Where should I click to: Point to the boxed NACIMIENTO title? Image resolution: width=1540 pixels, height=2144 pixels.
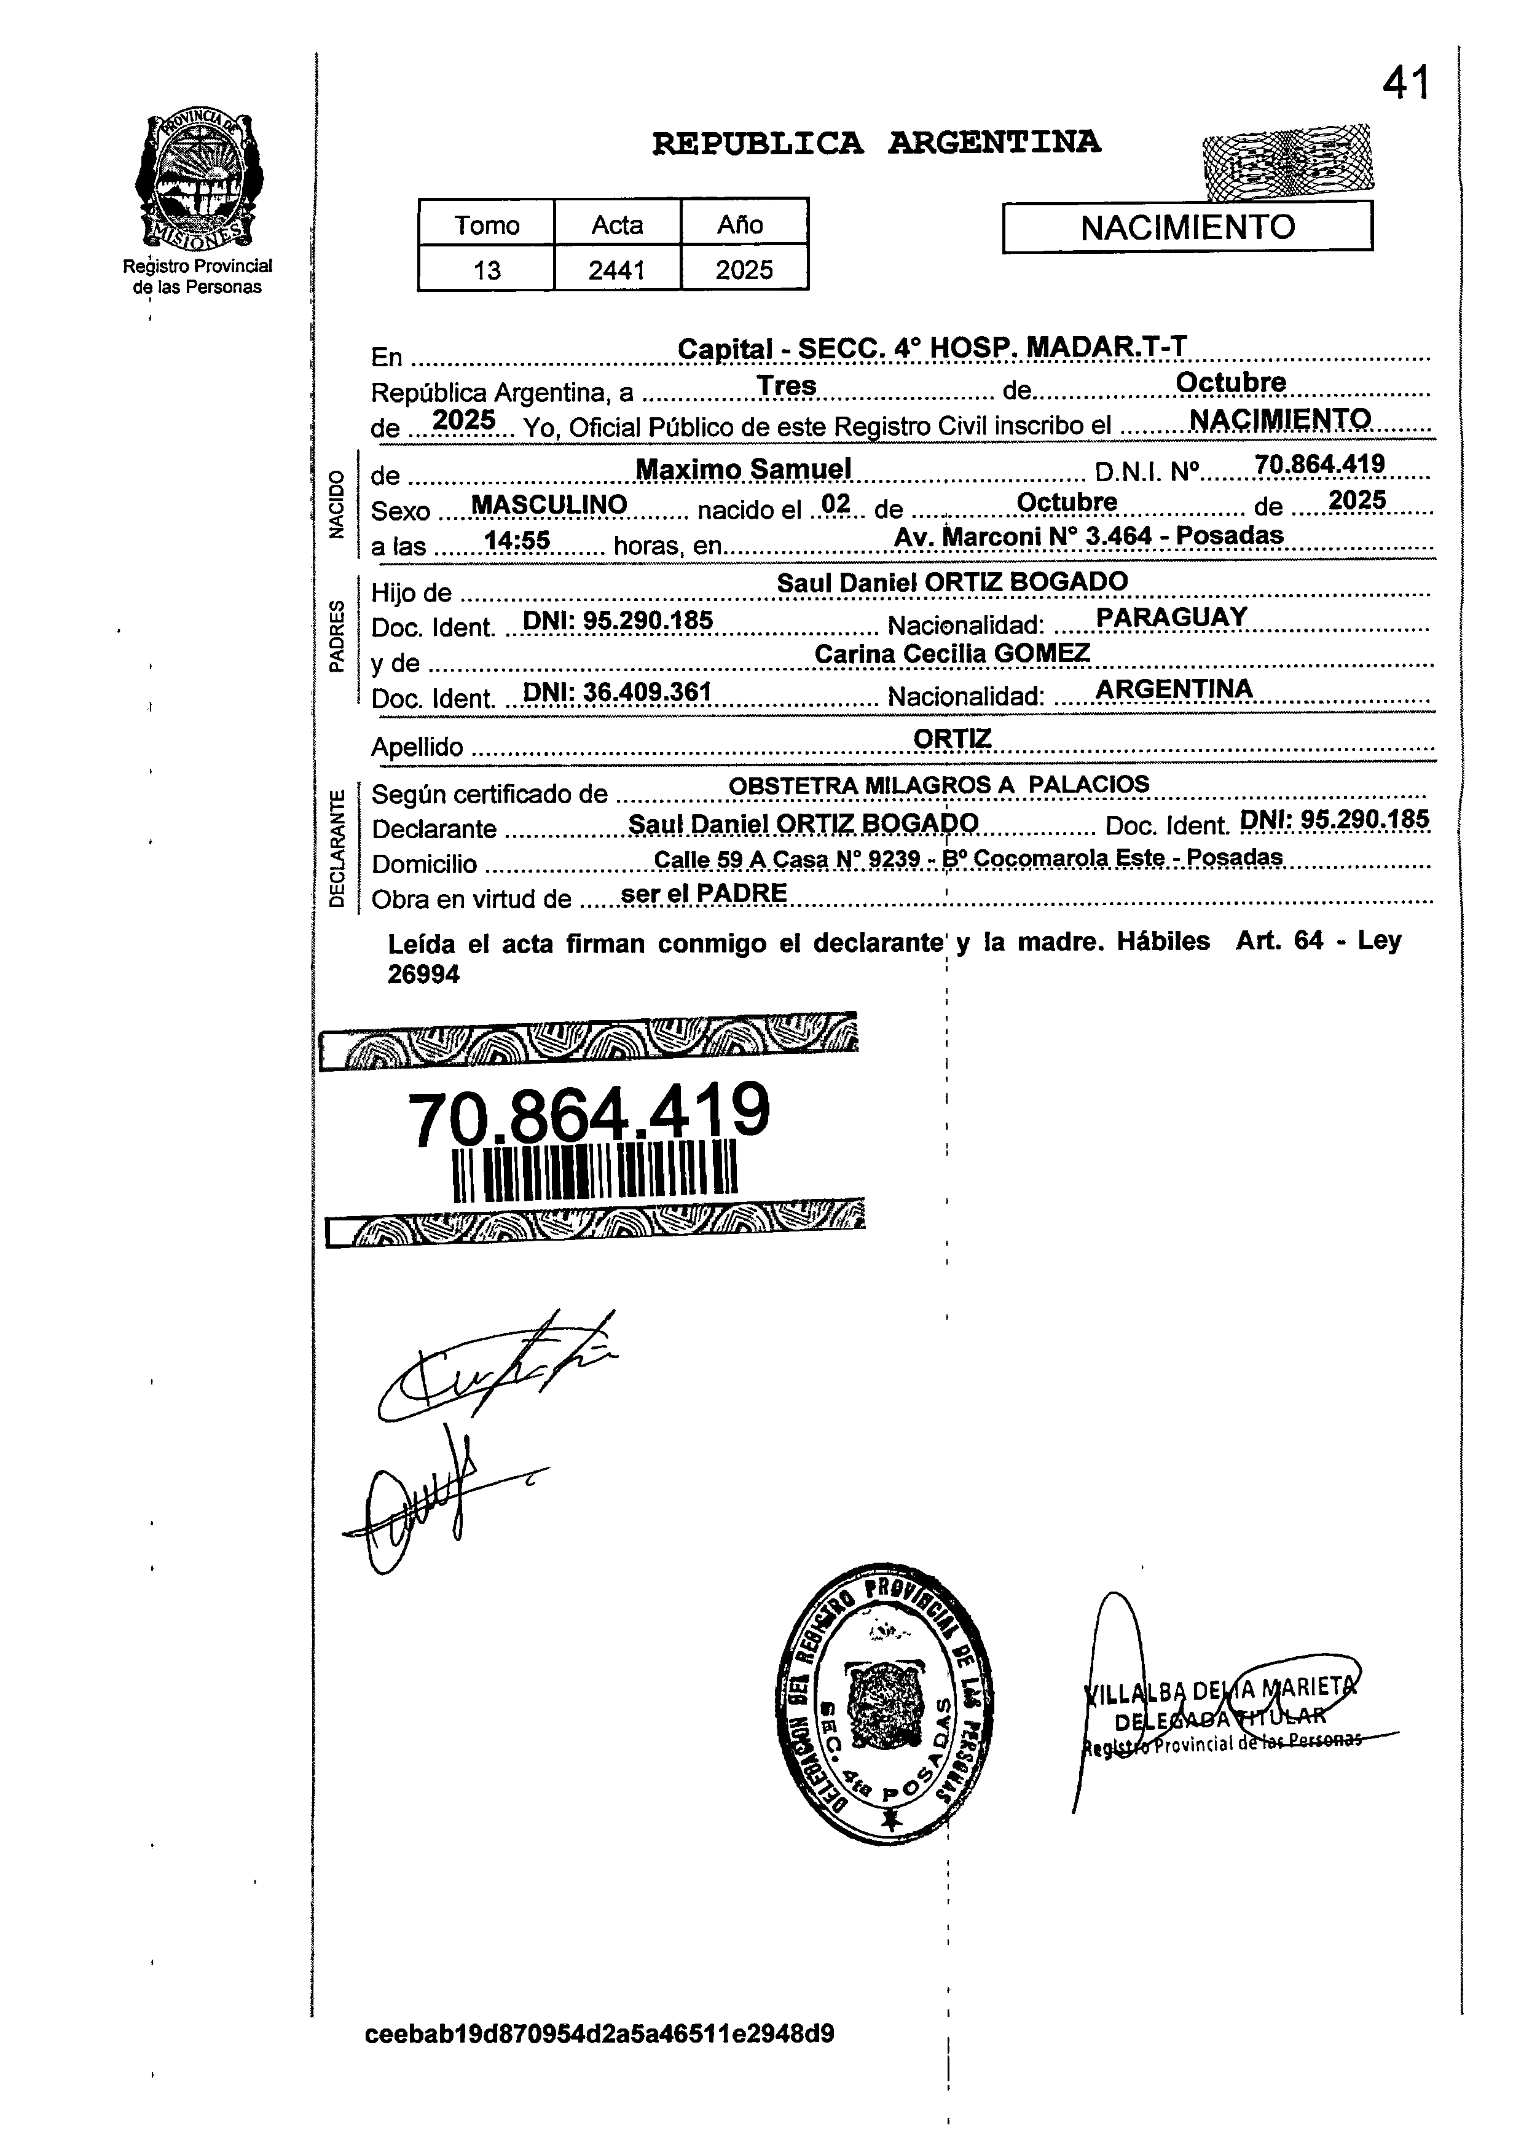1187,228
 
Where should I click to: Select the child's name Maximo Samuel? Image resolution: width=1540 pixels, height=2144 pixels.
743,469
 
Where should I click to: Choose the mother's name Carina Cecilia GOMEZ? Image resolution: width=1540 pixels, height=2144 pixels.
952,653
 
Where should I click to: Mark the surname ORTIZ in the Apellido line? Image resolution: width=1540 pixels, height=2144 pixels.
952,738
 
